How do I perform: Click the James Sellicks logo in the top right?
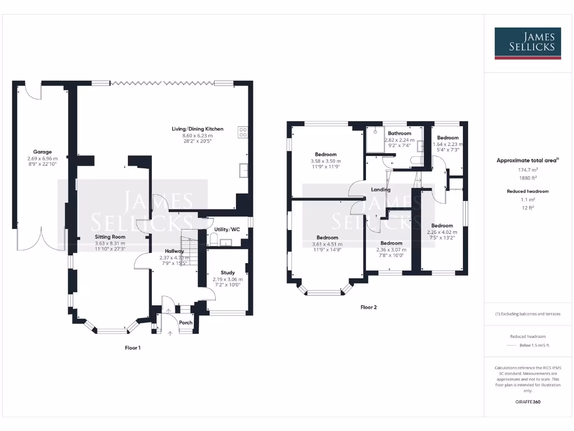(527, 43)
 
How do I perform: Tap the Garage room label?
(43, 152)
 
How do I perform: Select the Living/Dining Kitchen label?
(197, 129)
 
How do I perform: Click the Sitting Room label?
(110, 237)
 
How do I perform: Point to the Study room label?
(228, 273)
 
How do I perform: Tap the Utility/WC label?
(227, 230)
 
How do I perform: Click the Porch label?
(186, 323)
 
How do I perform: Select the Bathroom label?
(400, 133)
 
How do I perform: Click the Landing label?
(381, 190)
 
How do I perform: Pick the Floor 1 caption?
(132, 348)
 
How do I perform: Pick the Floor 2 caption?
(368, 308)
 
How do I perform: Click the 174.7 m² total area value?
(527, 169)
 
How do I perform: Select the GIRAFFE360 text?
(527, 402)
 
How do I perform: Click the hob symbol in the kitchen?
(244, 132)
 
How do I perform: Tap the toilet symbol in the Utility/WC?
(214, 240)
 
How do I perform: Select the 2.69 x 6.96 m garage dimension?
(43, 159)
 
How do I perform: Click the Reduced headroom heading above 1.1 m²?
(527, 191)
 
